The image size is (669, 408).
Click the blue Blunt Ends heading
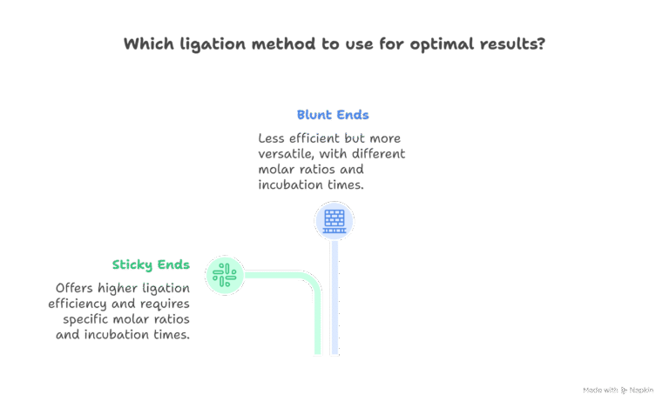pos(332,115)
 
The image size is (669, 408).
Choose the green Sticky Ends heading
pos(151,264)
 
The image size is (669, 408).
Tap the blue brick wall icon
pos(334,220)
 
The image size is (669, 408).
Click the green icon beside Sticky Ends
pos(225,276)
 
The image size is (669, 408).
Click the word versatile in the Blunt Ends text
pos(288,154)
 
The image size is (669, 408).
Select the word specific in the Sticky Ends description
pos(86,319)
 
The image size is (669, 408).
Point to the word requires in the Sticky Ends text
pos(165,304)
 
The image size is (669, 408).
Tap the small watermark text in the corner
pos(618,391)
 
